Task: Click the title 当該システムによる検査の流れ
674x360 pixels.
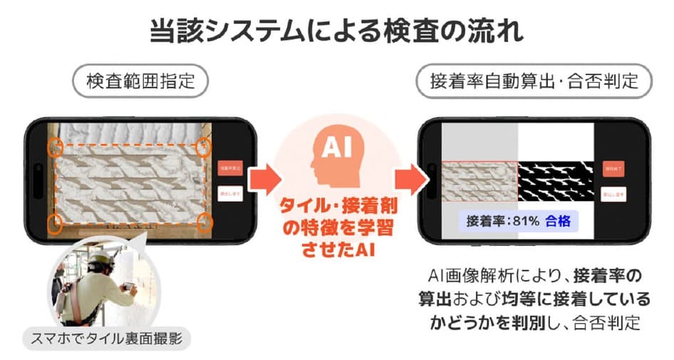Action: click(336, 32)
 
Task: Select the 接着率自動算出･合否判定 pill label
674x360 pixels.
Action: click(534, 81)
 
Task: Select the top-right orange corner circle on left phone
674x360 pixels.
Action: click(204, 148)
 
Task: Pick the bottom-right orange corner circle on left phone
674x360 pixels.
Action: click(204, 223)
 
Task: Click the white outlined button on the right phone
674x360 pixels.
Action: click(613, 193)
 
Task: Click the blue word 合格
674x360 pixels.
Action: click(558, 220)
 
